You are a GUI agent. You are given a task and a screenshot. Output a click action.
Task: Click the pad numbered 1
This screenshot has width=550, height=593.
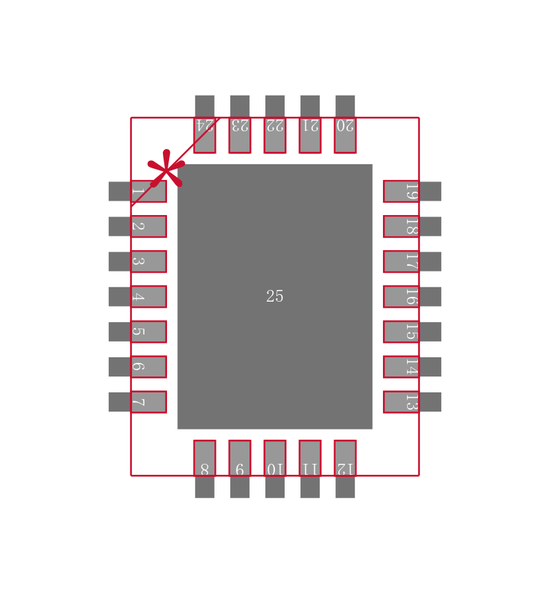(x=148, y=191)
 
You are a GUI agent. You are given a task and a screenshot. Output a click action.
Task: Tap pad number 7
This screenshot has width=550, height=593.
(x=148, y=402)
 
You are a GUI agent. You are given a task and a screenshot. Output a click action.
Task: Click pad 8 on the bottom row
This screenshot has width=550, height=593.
(x=204, y=458)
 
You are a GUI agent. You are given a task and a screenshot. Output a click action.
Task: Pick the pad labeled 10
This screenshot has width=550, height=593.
(x=275, y=458)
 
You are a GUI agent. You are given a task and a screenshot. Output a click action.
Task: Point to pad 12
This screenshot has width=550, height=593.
(x=345, y=458)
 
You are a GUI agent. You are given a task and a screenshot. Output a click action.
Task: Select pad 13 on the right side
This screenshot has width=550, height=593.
(x=401, y=402)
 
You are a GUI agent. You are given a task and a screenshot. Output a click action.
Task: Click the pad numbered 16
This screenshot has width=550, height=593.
(x=401, y=296)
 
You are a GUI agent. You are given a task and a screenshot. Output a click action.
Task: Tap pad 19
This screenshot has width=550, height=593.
(x=401, y=191)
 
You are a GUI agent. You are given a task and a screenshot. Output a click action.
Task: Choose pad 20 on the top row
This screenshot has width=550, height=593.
(x=345, y=135)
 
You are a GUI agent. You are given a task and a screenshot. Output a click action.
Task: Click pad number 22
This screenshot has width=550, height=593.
(x=275, y=135)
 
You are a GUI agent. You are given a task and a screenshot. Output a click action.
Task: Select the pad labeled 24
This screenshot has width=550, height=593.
(x=204, y=135)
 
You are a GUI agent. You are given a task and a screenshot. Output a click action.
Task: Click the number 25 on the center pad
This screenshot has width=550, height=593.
(x=275, y=296)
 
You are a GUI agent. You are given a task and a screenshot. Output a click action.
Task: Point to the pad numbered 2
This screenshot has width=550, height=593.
(x=148, y=226)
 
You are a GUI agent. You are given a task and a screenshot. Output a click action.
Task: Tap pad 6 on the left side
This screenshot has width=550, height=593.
(x=148, y=366)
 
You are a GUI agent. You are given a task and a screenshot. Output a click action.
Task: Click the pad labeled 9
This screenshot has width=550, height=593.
(x=239, y=458)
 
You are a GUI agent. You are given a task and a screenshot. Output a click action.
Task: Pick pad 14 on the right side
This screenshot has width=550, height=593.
(x=401, y=366)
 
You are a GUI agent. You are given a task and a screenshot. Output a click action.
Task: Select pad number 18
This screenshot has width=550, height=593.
(x=401, y=226)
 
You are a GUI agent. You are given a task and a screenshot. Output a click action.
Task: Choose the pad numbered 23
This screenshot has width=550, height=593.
(x=239, y=135)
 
